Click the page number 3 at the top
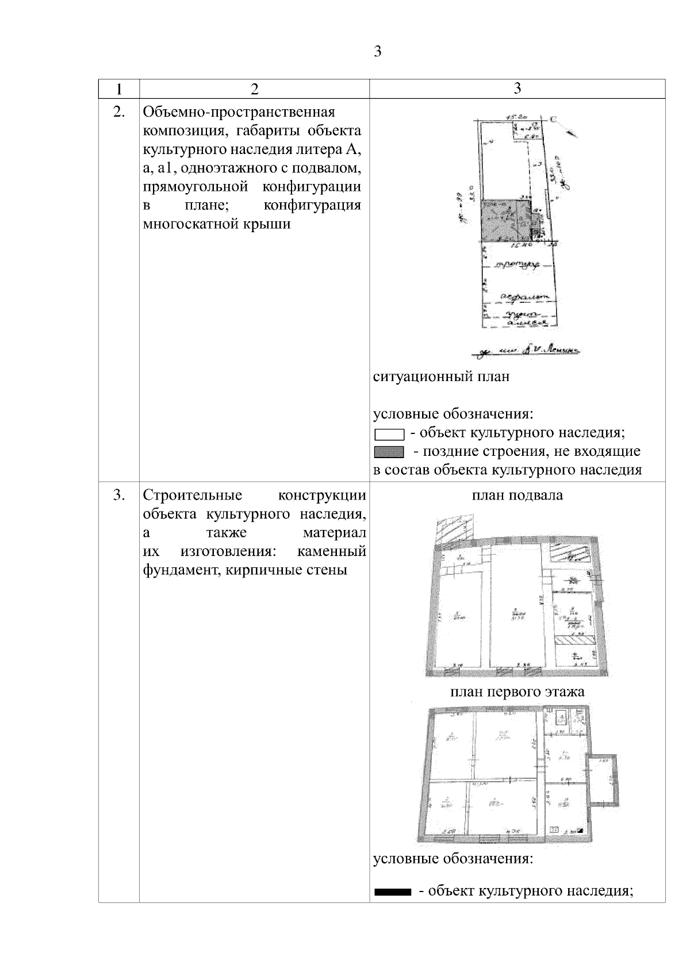click(377, 52)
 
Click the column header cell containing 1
click(118, 89)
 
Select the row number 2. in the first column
click(118, 112)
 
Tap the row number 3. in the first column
click(118, 495)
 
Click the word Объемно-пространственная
click(239, 112)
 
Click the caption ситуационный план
click(441, 378)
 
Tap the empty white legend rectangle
click(389, 434)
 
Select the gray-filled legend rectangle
click(389, 452)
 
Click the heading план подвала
click(517, 495)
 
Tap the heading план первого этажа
click(517, 691)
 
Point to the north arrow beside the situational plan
click(570, 133)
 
